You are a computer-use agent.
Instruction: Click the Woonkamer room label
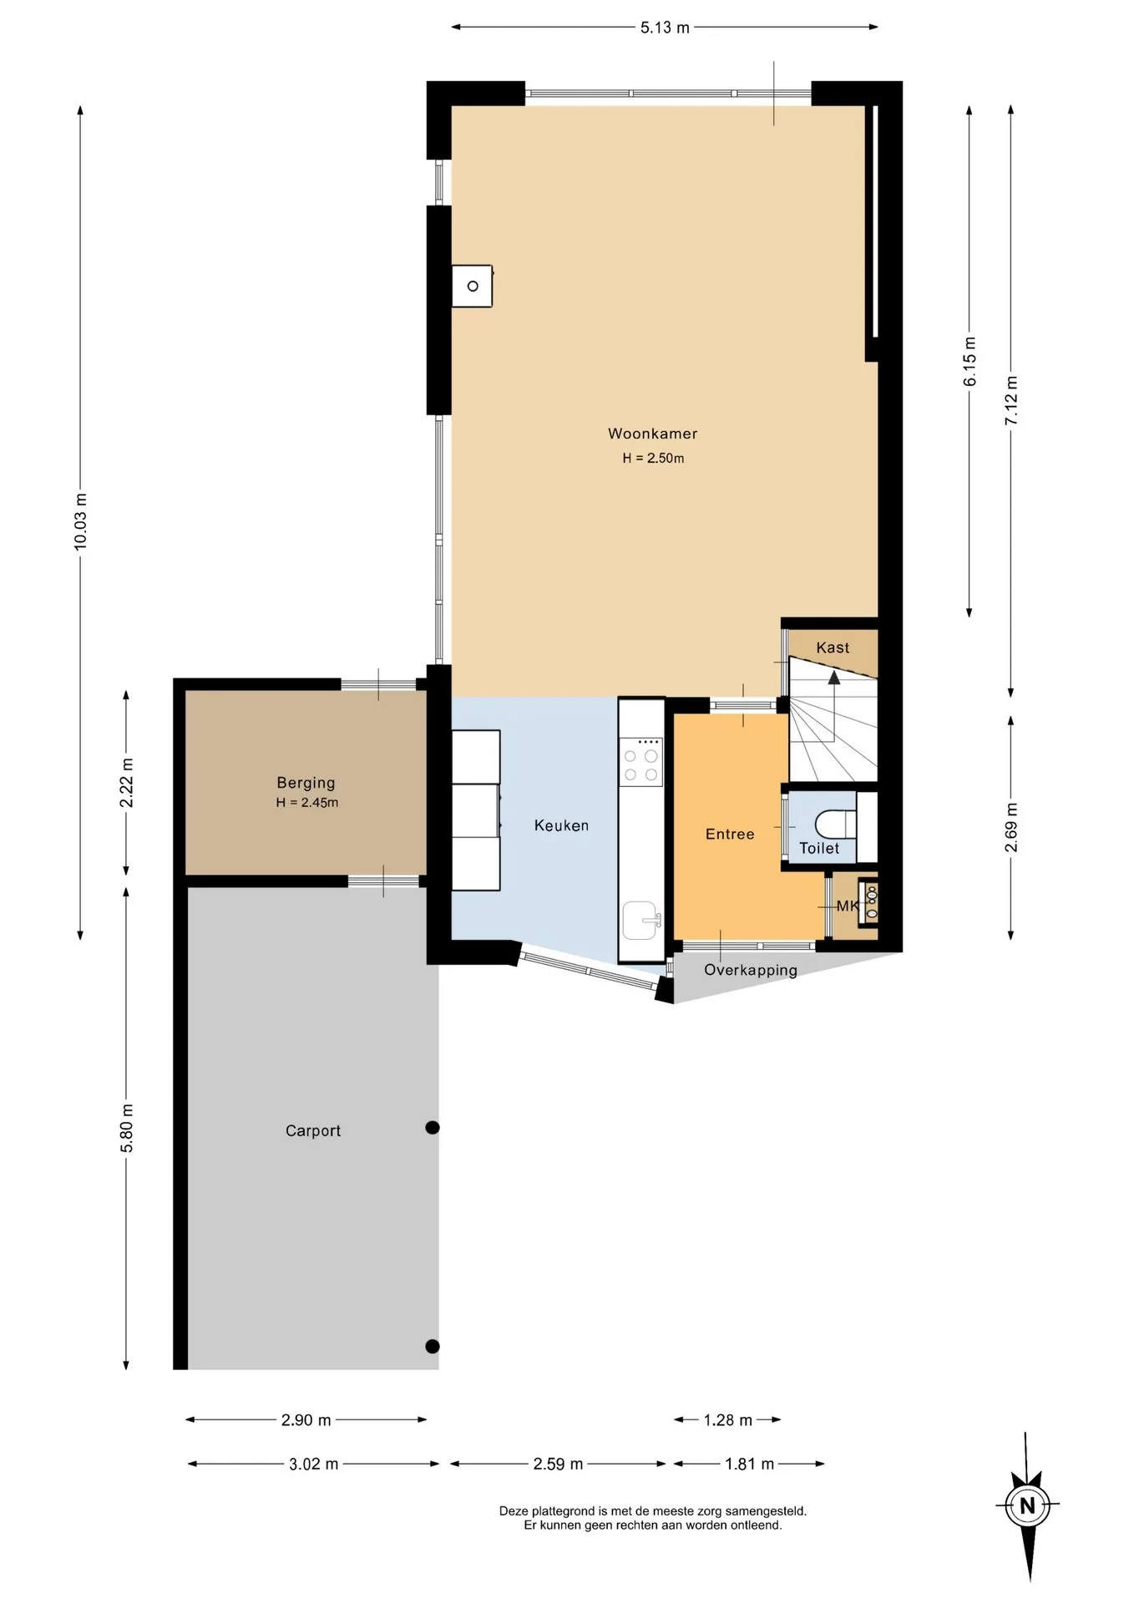(652, 434)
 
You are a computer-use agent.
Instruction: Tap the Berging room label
(306, 783)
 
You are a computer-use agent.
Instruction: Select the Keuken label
(561, 825)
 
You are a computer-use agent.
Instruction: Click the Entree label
(730, 834)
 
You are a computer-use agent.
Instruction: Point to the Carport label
(313, 1130)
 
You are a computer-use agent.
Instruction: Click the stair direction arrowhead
(833, 677)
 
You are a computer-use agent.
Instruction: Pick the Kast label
(833, 647)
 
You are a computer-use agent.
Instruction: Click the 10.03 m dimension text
(80, 521)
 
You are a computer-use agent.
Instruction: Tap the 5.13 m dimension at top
(665, 28)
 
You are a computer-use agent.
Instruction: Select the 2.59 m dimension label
(558, 1464)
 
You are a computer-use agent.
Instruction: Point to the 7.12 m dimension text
(1011, 400)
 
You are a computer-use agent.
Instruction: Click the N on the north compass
(1027, 1506)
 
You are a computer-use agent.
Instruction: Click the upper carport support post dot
(433, 1128)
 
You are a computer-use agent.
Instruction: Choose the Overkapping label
(750, 970)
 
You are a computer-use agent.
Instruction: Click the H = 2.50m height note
(653, 458)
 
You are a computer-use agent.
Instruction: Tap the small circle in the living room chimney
(473, 287)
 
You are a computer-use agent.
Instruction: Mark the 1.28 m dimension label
(727, 1420)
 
